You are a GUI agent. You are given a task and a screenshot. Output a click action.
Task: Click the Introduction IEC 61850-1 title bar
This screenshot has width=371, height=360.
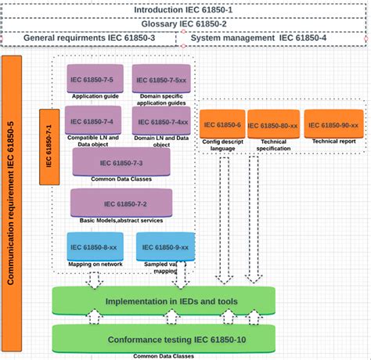click(185, 9)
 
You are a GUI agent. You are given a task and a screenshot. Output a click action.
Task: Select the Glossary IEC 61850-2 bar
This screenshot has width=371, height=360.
click(185, 23)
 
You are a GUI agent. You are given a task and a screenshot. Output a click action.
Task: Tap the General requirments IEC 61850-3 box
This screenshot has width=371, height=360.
click(94, 38)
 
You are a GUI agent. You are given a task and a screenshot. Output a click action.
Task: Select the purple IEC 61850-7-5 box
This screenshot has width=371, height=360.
click(92, 79)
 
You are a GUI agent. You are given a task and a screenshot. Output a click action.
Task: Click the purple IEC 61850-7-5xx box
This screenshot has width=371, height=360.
click(160, 79)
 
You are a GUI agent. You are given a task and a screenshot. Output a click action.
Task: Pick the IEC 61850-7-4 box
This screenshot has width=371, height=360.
click(92, 122)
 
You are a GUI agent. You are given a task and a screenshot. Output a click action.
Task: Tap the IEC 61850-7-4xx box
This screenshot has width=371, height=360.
click(161, 122)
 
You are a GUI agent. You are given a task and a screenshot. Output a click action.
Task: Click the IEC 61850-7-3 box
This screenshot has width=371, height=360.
click(121, 162)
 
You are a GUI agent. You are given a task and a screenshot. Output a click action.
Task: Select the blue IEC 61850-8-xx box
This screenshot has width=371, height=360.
click(93, 247)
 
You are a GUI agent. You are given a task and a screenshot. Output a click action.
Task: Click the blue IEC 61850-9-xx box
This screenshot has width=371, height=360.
click(165, 247)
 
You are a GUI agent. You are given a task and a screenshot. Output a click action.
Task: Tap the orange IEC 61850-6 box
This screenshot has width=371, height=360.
click(222, 124)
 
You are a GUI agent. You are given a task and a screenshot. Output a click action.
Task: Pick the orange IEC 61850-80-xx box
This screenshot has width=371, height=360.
click(273, 124)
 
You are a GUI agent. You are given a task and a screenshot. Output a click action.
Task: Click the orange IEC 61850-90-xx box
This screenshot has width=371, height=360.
click(333, 124)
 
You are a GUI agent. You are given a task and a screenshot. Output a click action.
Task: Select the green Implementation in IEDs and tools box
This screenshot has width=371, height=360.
click(164, 301)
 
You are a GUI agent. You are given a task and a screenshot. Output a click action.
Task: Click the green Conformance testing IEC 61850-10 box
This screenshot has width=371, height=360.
click(164, 340)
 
